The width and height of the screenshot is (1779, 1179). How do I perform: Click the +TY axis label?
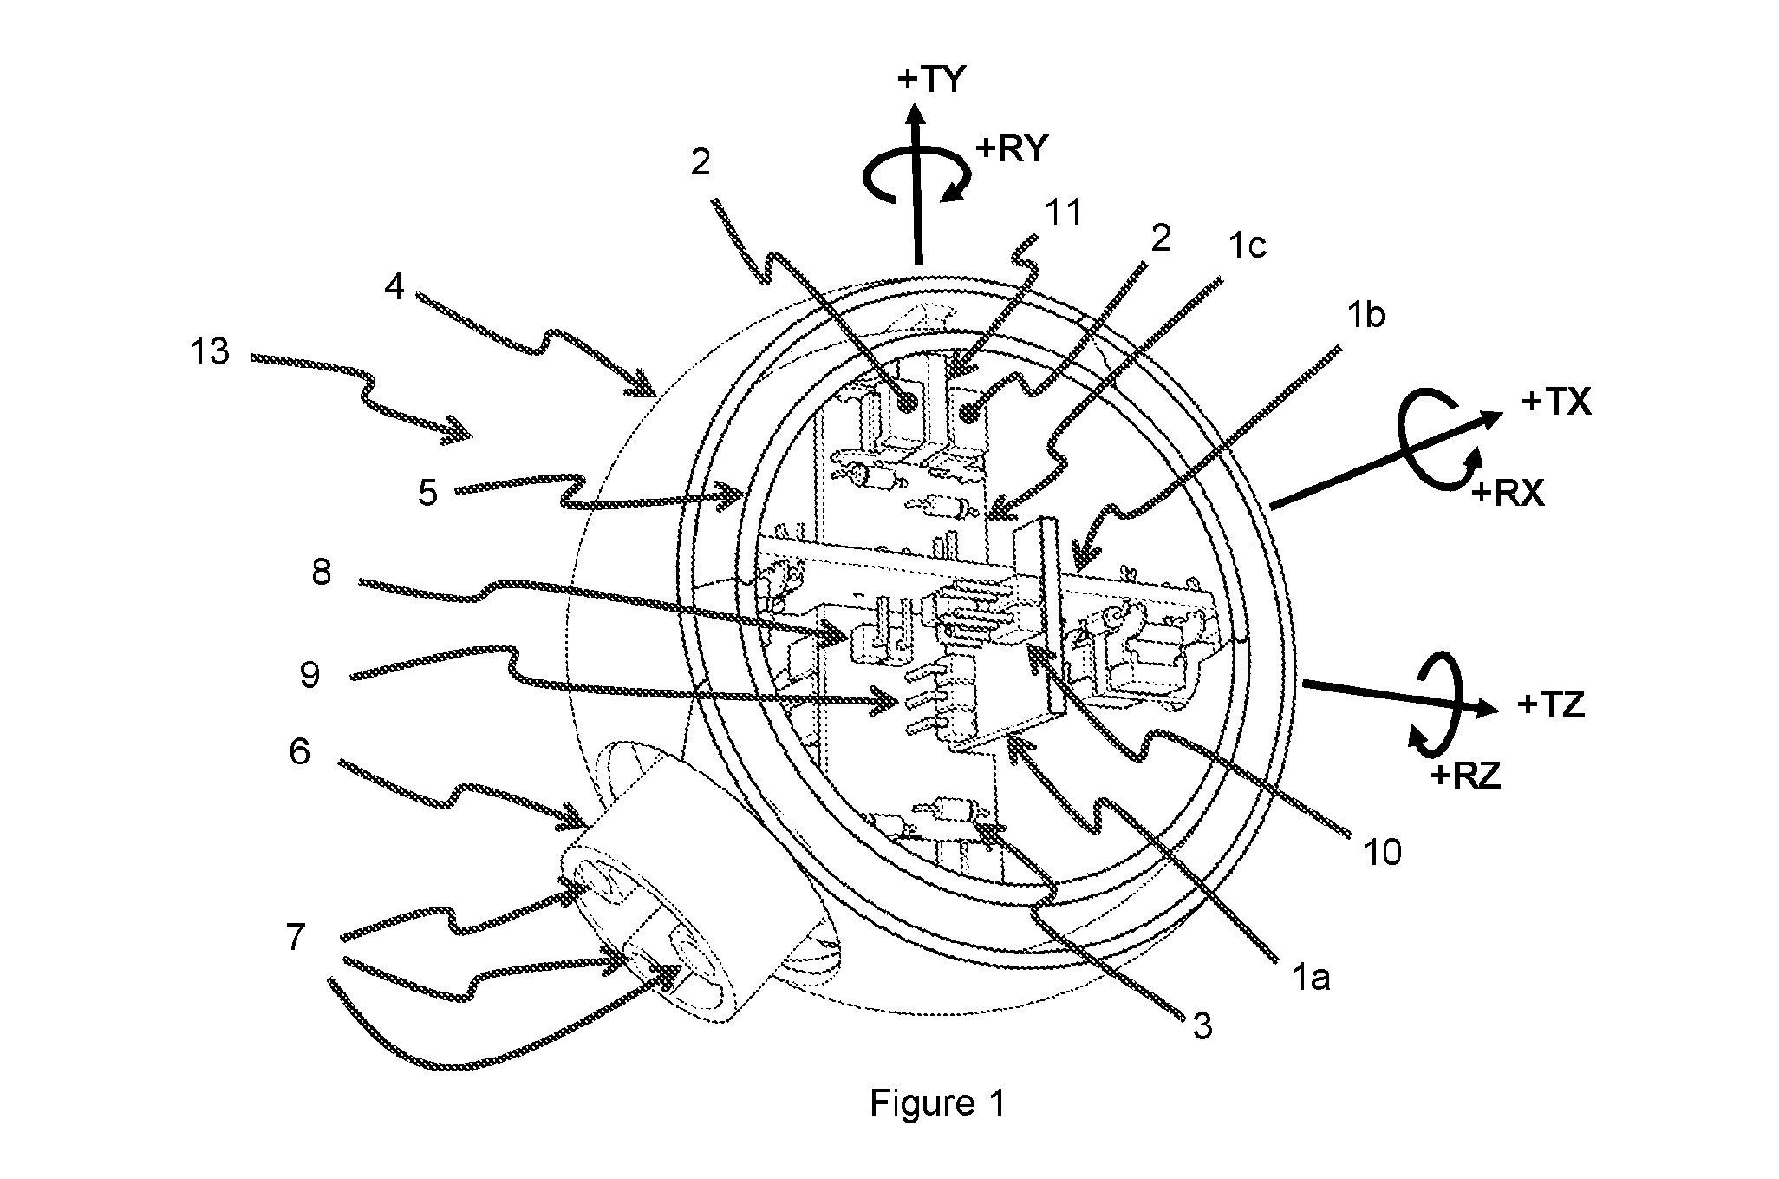[931, 80]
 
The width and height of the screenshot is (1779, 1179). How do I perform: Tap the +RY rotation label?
[1012, 149]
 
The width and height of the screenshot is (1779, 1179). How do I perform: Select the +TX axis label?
[1556, 403]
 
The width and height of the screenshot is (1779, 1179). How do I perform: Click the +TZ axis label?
[1551, 706]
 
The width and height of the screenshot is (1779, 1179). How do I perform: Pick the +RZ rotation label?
[1465, 775]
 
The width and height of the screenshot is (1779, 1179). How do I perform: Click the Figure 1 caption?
[937, 1104]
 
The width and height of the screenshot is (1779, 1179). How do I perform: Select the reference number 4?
[394, 287]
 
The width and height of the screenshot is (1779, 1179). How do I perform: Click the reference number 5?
[427, 493]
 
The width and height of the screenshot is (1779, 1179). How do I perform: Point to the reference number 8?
[322, 573]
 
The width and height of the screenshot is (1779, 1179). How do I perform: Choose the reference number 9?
[310, 674]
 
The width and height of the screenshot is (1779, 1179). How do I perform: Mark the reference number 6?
[299, 752]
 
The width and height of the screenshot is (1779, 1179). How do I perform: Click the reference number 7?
[296, 937]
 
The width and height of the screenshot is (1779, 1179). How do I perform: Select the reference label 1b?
[1365, 316]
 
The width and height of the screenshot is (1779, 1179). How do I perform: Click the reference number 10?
[1381, 853]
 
